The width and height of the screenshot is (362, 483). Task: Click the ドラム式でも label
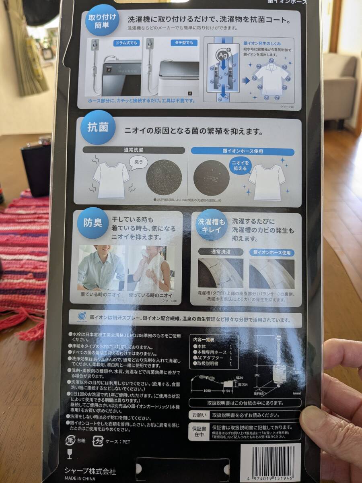tap(126, 43)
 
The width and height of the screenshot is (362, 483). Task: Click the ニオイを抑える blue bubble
tap(240, 165)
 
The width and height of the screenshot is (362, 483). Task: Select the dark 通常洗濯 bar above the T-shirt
tap(134, 150)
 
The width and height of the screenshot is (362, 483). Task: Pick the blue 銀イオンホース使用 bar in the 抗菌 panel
tap(242, 151)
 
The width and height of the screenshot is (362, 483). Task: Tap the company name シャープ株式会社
tap(90, 471)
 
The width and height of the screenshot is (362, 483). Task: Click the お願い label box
tap(198, 415)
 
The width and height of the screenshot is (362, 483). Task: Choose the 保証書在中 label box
tap(199, 431)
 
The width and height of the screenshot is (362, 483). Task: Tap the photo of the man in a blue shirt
tap(101, 268)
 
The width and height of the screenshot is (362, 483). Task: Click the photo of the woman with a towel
tap(150, 268)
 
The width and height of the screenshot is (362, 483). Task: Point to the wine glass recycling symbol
tap(70, 454)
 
